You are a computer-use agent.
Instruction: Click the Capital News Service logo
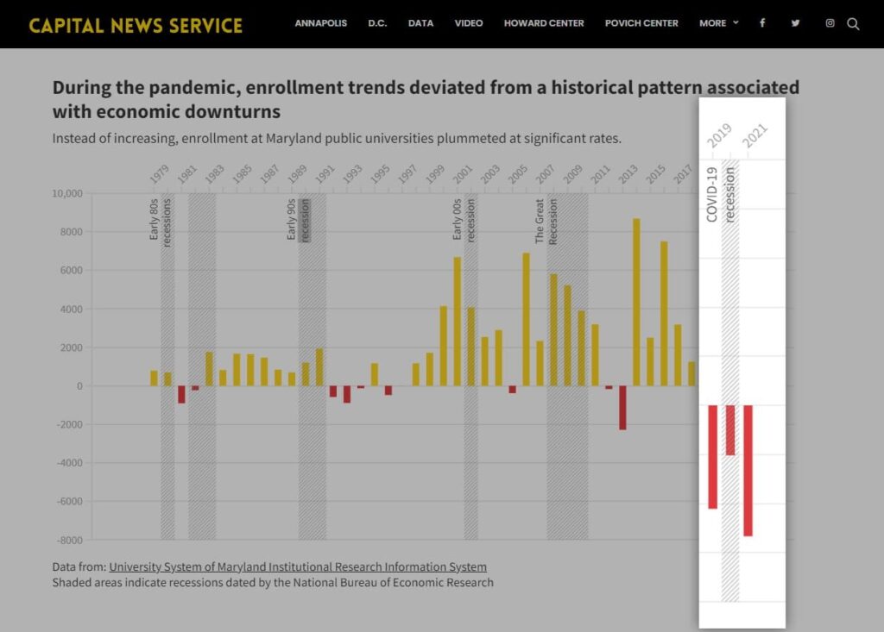tap(136, 25)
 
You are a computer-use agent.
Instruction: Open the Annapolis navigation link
tap(320, 23)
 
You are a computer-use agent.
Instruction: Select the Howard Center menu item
tap(544, 23)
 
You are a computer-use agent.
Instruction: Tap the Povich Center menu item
tap(641, 23)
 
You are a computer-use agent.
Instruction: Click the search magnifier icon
tap(853, 24)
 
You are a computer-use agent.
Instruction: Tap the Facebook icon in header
tap(762, 23)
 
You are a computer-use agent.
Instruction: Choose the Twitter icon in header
tap(795, 23)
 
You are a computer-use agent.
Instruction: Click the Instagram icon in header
tap(830, 23)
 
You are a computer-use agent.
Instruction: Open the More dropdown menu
tap(718, 23)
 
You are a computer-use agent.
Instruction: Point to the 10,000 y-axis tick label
tap(66, 194)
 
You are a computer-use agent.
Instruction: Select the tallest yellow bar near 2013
tap(636, 302)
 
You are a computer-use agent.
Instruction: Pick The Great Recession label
tap(546, 222)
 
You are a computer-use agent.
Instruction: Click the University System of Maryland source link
tap(297, 567)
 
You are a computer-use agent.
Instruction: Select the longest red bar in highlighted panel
tap(748, 470)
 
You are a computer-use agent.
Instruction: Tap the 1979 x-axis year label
tap(159, 174)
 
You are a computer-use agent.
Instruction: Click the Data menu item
tap(420, 23)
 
